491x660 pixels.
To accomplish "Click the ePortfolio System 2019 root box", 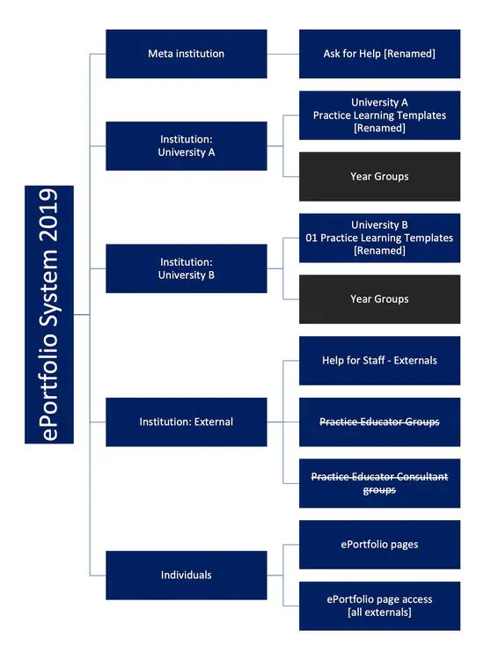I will pos(49,314).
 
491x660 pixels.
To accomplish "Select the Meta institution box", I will pos(186,54).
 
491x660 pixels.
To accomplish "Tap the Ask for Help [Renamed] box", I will pos(379,54).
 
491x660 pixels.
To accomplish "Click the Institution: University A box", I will pos(186,146).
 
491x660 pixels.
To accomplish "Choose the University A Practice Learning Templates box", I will pos(379,115).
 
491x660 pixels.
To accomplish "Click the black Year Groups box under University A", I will pos(379,176).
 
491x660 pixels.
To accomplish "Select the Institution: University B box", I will pos(186,268).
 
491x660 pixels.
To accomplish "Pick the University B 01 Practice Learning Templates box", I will pos(379,238).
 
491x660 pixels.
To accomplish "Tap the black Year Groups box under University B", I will pos(379,299).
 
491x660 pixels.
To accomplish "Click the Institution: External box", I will pos(186,422).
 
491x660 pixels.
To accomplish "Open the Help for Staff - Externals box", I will pos(379,360).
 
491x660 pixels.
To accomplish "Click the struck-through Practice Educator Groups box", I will pos(379,422).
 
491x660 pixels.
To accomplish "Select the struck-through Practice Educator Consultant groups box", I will pos(379,483).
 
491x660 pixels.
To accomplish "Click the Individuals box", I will pos(186,575).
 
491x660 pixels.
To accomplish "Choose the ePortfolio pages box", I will pos(379,544).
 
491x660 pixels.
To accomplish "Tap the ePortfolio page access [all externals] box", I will pos(379,605).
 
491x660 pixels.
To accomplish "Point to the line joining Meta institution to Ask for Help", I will pos(282,54).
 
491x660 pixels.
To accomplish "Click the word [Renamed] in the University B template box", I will pos(379,251).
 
